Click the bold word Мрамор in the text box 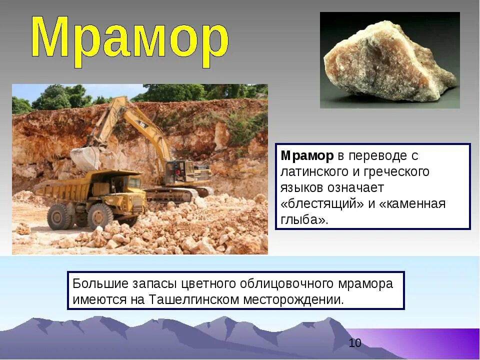(306, 156)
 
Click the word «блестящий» (318, 204)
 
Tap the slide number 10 (355, 343)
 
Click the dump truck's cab (131, 184)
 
